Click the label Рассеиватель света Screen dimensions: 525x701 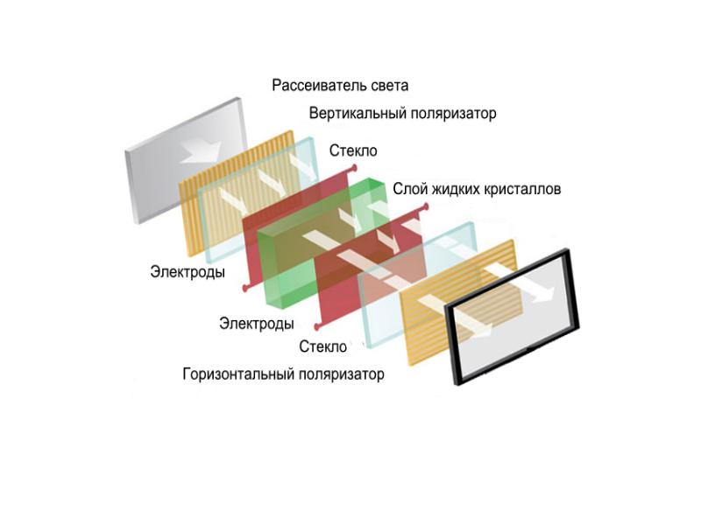pyautogui.click(x=340, y=86)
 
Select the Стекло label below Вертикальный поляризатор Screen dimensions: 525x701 pyautogui.click(x=353, y=150)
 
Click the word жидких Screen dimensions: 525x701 pyautogui.click(x=455, y=189)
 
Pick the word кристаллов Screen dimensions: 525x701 pyautogui.click(x=523, y=189)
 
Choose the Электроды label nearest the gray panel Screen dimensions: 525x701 pyautogui.click(x=187, y=272)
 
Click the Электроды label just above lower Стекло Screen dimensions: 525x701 pyautogui.click(x=256, y=324)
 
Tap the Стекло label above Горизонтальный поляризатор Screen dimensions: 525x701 pyautogui.click(x=323, y=347)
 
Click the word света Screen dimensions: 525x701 pyautogui.click(x=388, y=86)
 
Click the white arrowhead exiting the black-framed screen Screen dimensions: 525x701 pyautogui.click(x=544, y=295)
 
